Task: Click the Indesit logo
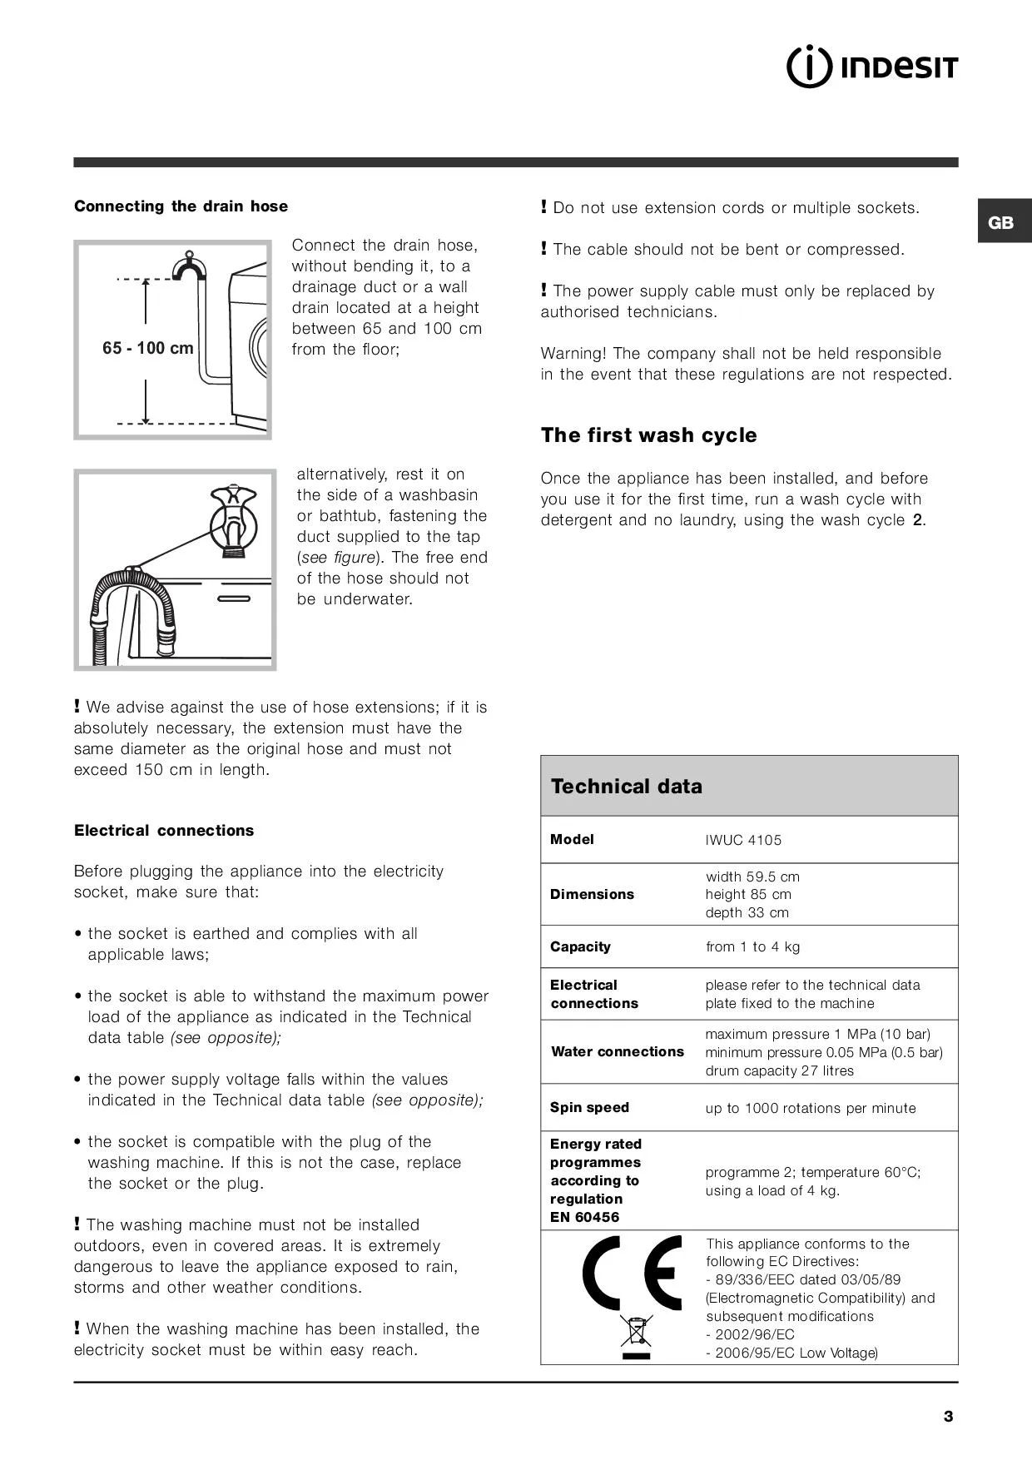(872, 67)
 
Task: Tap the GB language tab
(1001, 222)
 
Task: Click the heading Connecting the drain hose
(181, 206)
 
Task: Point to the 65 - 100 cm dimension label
(148, 348)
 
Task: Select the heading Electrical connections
(164, 830)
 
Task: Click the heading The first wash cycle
(648, 435)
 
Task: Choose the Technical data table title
(627, 787)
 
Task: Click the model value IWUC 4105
(743, 840)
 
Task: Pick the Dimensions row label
(592, 894)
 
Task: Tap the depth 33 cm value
(747, 912)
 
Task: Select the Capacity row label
(580, 946)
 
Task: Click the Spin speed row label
(589, 1107)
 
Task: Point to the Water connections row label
(618, 1051)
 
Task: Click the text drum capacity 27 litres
(779, 1070)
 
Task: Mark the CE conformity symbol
(633, 1274)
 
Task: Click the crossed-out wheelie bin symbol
(636, 1333)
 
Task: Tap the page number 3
(948, 1416)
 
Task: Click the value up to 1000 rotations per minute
(810, 1108)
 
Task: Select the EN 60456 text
(584, 1217)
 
